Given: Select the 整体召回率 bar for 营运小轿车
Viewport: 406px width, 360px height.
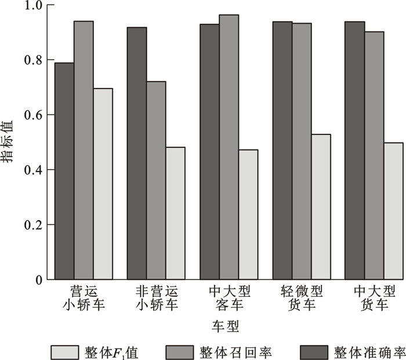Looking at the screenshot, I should coord(84,150).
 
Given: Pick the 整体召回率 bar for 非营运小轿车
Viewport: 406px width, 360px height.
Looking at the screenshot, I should coord(156,180).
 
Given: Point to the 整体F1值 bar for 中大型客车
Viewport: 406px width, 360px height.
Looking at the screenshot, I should coord(248,214).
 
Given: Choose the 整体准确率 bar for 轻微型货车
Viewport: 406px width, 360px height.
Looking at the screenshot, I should coord(282,150).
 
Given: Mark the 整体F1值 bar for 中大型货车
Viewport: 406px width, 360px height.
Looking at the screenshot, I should coord(393,211).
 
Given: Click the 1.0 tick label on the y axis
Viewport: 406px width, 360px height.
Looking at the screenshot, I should coord(36,6).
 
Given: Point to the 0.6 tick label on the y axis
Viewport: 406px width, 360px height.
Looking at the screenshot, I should coord(36,115).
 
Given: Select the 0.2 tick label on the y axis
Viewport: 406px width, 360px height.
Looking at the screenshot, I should coord(36,225).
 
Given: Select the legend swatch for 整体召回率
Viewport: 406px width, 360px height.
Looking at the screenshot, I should coord(182,351).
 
